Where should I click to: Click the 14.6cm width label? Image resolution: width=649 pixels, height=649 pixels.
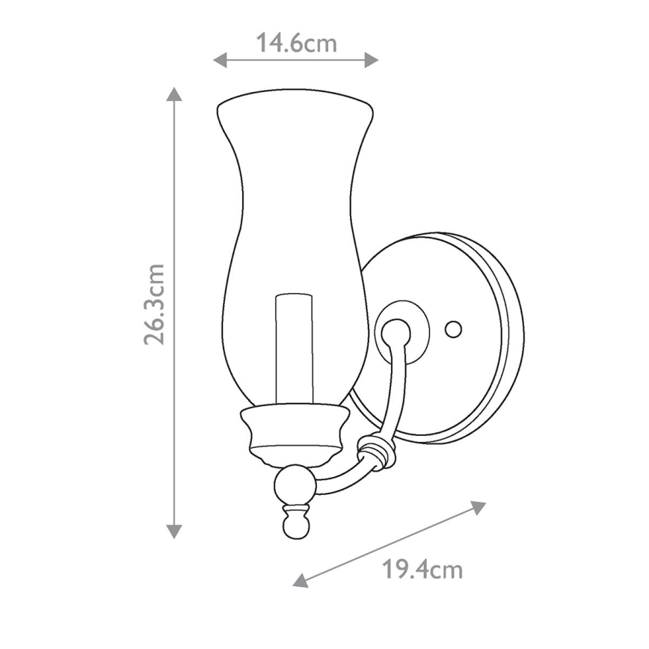pos(296,43)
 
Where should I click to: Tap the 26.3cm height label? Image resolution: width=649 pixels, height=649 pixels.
pos(156,304)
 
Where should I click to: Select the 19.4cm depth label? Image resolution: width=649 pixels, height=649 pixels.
pos(422,570)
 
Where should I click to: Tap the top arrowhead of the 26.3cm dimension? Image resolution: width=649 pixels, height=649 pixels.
pos(174,94)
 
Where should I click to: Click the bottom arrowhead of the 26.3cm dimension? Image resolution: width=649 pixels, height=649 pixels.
pos(174,532)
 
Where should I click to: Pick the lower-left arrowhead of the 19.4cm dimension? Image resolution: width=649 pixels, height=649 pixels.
pos(301,580)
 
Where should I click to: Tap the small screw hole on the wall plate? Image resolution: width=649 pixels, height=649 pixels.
pos(452,328)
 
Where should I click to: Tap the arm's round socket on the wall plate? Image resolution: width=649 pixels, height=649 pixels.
pos(396,330)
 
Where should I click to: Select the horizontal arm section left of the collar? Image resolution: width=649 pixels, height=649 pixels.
pos(340,479)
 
